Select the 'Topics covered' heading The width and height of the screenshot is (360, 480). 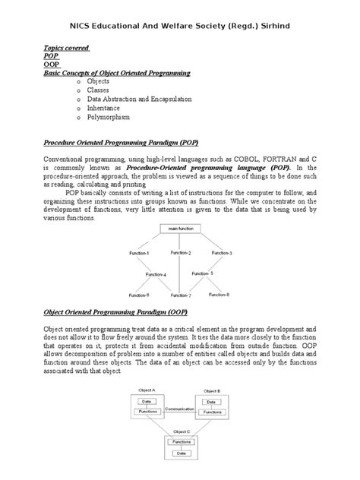(66, 48)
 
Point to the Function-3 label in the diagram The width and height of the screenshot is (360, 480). (221, 253)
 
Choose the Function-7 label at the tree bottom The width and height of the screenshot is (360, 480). (181, 295)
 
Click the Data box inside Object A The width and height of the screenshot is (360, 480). (147, 400)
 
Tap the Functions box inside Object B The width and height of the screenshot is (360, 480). (211, 412)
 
